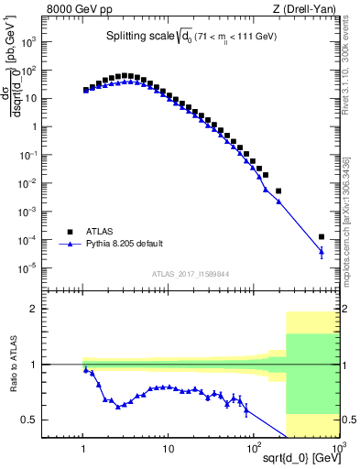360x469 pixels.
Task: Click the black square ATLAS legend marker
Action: coord(67,232)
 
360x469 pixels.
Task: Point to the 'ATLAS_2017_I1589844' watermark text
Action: coord(191,274)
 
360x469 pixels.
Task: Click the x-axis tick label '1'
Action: coord(84,449)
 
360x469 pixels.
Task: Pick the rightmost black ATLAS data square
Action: coord(321,237)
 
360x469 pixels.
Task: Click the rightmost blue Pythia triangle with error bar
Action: coord(321,251)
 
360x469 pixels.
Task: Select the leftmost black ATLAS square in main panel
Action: coord(86,90)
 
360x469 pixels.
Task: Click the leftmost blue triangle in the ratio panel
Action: coord(86,370)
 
